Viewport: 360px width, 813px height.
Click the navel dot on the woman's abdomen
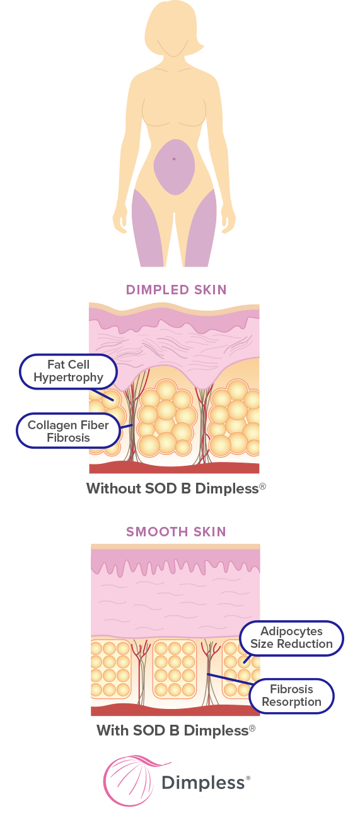(174, 159)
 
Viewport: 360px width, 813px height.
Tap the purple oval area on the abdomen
(174, 167)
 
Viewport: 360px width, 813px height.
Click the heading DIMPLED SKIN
(177, 290)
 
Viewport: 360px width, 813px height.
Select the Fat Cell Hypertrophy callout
(68, 372)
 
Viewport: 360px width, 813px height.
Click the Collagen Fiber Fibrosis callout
(68, 431)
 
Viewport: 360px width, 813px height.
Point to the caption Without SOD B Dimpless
(176, 488)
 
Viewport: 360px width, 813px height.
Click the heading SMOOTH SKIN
(177, 532)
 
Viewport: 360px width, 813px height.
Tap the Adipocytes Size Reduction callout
(291, 638)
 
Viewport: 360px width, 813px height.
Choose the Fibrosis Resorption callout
(291, 696)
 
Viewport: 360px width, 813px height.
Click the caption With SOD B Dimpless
(176, 730)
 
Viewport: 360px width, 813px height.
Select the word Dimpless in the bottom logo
(203, 782)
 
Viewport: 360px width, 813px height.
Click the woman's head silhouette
(173, 27)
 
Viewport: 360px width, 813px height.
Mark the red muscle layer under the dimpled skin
(174, 468)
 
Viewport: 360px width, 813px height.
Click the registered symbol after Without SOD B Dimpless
(263, 486)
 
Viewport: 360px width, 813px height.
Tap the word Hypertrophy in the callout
(68, 378)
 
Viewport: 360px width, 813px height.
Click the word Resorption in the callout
(291, 702)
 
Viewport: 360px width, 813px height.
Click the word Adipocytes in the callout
(291, 631)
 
